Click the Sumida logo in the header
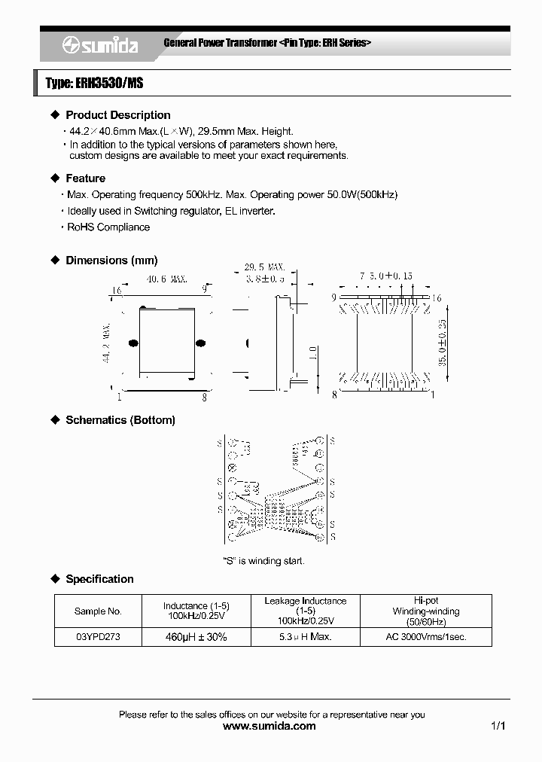(x=100, y=46)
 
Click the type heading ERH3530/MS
(x=94, y=84)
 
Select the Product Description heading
(x=118, y=115)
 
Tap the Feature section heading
(x=86, y=178)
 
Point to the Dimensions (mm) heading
(x=111, y=261)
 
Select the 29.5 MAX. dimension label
(x=264, y=267)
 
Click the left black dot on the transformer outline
(x=133, y=343)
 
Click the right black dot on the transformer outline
(x=200, y=343)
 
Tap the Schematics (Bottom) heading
(x=120, y=420)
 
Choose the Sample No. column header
(x=98, y=611)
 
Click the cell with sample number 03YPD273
(x=98, y=637)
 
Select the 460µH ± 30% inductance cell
(x=196, y=637)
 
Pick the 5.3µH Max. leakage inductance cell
(x=306, y=637)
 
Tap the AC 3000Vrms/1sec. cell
(x=425, y=637)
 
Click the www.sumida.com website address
(x=270, y=727)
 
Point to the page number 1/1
(x=498, y=727)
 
